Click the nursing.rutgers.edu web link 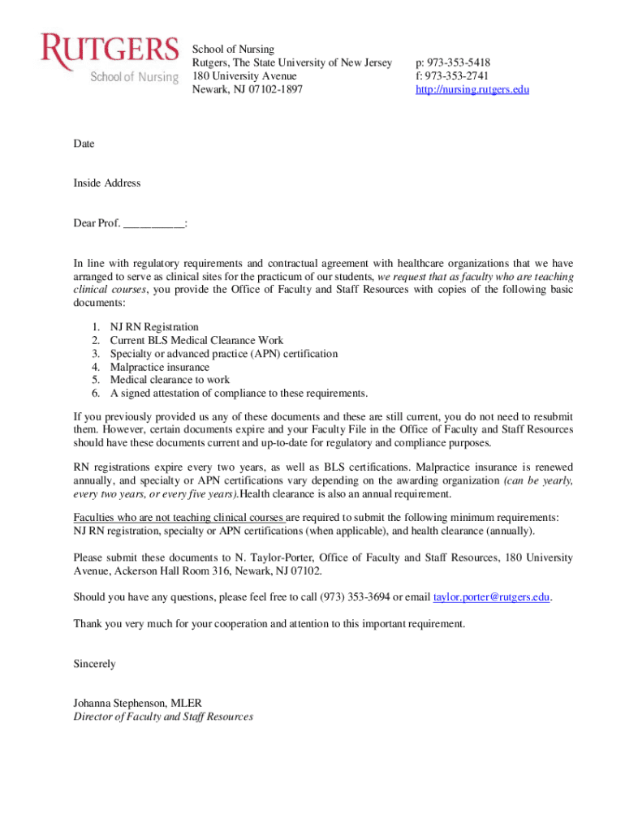tap(472, 89)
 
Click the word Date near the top tap(84, 144)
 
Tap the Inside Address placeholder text tap(107, 183)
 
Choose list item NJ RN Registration tap(154, 328)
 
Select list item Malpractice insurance tap(160, 368)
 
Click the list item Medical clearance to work tap(170, 381)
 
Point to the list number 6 tap(95, 394)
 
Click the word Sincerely tap(94, 664)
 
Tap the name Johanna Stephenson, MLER tap(137, 703)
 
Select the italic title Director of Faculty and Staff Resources tap(163, 717)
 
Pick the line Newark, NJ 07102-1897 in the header tap(247, 89)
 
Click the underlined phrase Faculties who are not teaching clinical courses tap(178, 518)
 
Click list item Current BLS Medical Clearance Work tap(197, 341)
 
